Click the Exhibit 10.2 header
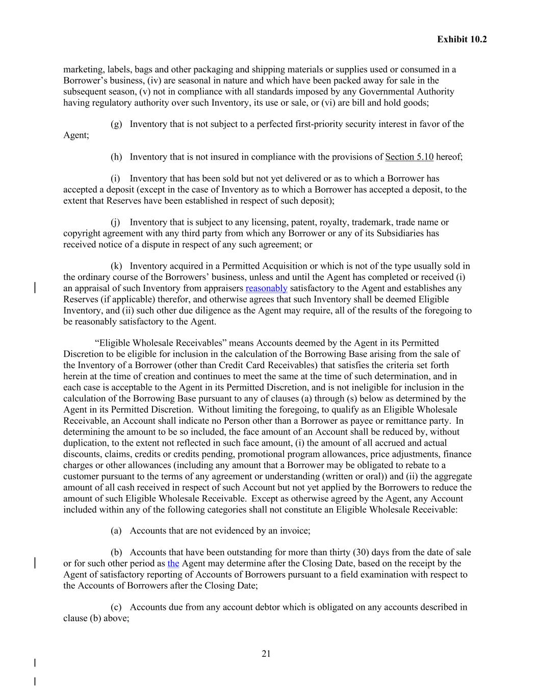point(462,39)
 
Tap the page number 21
point(266,654)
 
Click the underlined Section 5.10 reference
point(409,157)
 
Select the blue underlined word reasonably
point(266,288)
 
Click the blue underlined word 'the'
point(173,563)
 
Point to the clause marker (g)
point(116,124)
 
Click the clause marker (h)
point(116,157)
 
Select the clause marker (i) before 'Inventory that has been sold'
point(115,178)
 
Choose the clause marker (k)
point(116,266)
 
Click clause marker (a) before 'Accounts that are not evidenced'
point(116,531)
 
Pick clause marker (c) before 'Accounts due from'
point(116,607)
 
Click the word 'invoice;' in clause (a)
point(294,531)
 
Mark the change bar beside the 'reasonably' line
point(34,288)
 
